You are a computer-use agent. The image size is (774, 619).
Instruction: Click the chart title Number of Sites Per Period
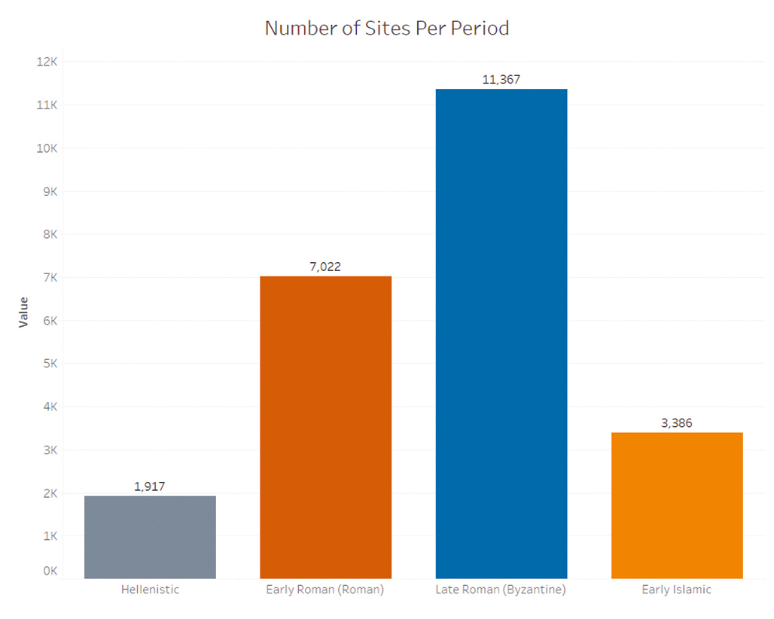pos(387,29)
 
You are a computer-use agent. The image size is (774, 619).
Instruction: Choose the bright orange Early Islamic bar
pos(677,505)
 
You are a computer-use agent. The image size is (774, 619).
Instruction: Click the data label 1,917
pos(149,486)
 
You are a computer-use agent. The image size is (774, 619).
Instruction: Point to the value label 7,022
pos(325,267)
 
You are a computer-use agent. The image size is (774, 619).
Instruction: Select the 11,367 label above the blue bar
pos(501,79)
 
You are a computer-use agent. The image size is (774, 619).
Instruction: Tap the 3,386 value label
pos(676,422)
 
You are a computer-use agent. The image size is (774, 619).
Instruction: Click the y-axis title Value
pos(23,311)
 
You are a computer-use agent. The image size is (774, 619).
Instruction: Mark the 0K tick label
pos(49,571)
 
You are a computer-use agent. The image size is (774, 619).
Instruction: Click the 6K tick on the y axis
pos(49,321)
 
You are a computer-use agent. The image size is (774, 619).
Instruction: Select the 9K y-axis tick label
pos(49,191)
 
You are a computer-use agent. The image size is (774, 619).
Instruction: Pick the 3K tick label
pos(49,450)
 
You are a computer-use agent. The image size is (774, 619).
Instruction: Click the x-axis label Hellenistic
pos(150,590)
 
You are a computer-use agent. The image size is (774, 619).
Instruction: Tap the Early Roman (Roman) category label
pos(325,590)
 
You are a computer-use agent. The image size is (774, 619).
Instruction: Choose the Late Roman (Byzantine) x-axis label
pos(501,590)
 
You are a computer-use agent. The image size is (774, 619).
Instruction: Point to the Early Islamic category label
pos(676,590)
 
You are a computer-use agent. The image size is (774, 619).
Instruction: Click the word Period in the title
pos(480,29)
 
